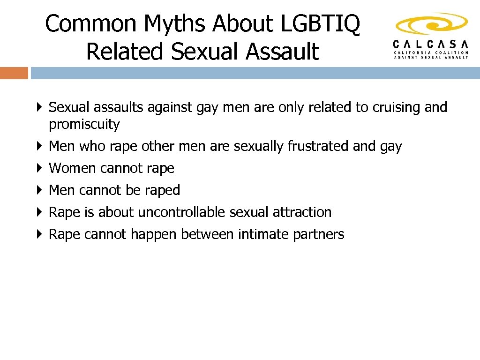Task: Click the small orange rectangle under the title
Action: pyautogui.click(x=14, y=73)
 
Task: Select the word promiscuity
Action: pyautogui.click(x=84, y=125)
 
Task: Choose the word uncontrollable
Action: pyautogui.click(x=181, y=212)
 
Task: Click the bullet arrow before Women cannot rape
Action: pyautogui.click(x=40, y=168)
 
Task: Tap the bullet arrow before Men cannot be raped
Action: pyautogui.click(x=40, y=190)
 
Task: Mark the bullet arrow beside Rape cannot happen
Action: pyautogui.click(x=40, y=234)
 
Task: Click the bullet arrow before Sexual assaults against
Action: pyautogui.click(x=40, y=107)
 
